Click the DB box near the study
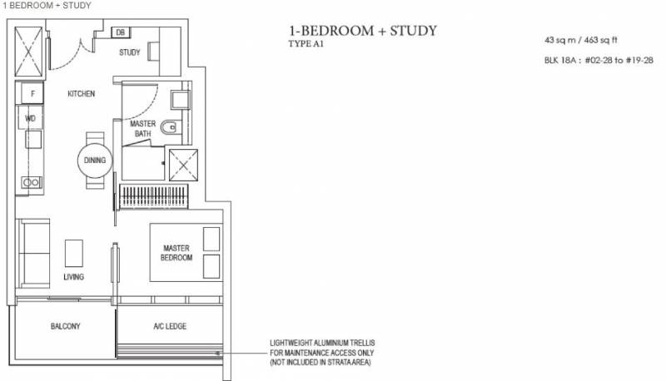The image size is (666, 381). [x=121, y=32]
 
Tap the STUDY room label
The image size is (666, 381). [x=130, y=52]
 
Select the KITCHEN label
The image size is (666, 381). [x=81, y=94]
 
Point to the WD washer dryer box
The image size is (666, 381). [x=30, y=117]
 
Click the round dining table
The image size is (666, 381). [x=95, y=161]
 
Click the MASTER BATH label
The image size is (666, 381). [x=142, y=129]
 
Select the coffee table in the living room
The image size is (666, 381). [x=74, y=253]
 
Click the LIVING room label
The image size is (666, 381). [x=74, y=277]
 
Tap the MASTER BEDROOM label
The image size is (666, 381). [x=176, y=253]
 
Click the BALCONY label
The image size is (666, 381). [x=66, y=326]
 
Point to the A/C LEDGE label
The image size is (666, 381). [x=170, y=326]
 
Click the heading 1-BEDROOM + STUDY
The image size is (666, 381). [x=363, y=31]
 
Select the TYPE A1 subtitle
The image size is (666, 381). [x=306, y=44]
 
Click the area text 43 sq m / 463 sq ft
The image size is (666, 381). [x=580, y=40]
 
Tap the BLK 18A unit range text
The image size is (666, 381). [x=599, y=60]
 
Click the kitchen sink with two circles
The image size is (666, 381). [x=32, y=183]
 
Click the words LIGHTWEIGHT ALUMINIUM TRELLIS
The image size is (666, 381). [x=322, y=343]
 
